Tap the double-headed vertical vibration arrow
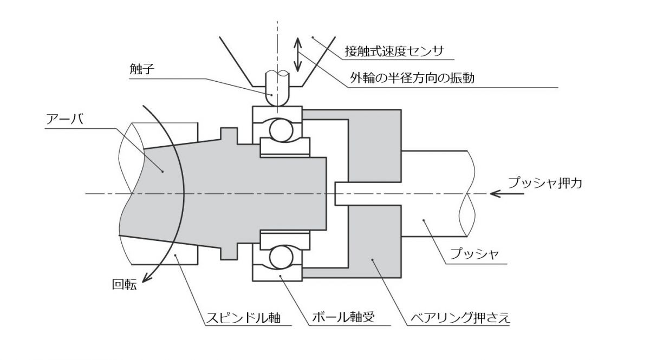(297, 54)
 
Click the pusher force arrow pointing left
(506, 193)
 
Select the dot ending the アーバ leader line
(162, 171)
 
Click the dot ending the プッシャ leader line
(424, 219)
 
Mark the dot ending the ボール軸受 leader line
(279, 276)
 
